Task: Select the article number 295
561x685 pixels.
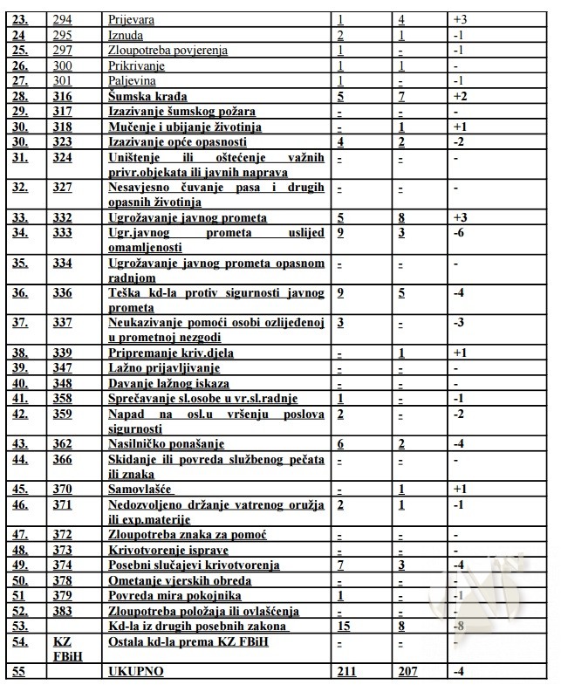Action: tap(63, 34)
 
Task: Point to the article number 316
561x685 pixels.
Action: tap(63, 96)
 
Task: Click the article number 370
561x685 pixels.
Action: tap(63, 490)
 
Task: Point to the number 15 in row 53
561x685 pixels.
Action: tap(344, 626)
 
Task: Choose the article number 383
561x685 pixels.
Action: tap(63, 610)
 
